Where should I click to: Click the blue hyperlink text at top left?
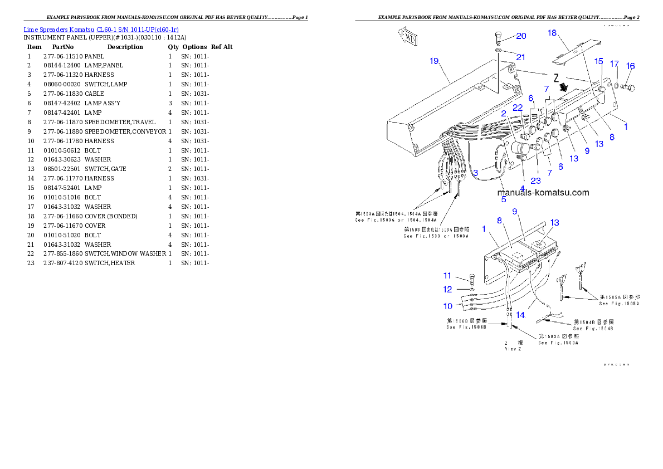pos(101,30)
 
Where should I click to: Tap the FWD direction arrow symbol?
pos(409,37)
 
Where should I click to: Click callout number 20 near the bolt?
pos(520,36)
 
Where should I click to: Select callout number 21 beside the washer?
pos(520,57)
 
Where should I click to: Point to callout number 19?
pos(434,61)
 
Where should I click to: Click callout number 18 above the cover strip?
pos(552,33)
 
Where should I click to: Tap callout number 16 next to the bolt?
pos(630,66)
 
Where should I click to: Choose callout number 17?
pos(614,64)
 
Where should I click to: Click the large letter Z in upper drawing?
pos(555,77)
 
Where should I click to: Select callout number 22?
pos(518,108)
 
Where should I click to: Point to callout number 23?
pos(535,180)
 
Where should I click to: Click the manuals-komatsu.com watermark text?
pos(543,193)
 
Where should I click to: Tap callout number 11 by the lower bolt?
pos(448,275)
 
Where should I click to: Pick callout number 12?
pos(448,289)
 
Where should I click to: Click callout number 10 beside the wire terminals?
pos(448,306)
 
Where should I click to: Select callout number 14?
pos(520,315)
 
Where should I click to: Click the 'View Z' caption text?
pos(513,349)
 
